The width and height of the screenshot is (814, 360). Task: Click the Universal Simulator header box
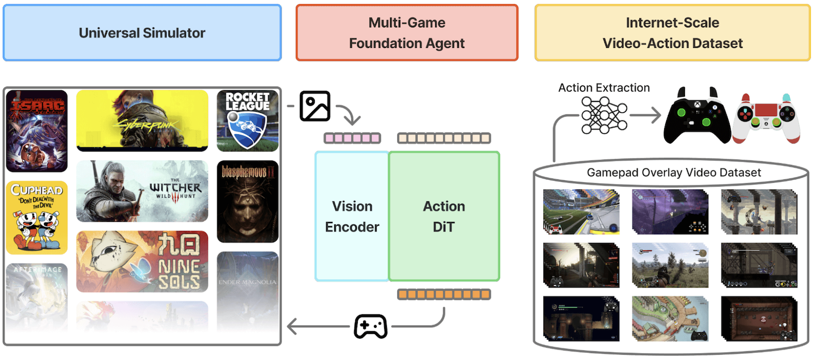pos(142,33)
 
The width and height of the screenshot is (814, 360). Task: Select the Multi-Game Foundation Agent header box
pos(407,33)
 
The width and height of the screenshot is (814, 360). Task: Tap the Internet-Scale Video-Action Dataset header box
pos(672,33)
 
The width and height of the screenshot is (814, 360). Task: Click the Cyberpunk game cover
pos(142,120)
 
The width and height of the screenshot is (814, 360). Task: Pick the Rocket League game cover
pos(248,121)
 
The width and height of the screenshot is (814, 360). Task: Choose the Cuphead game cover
pos(37,218)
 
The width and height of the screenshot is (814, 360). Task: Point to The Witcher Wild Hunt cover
pos(142,191)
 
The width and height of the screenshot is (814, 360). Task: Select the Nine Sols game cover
pos(142,261)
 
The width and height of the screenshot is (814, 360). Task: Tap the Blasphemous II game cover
pos(248,201)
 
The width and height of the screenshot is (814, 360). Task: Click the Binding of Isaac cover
pos(37,131)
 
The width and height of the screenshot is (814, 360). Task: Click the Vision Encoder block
pos(352,216)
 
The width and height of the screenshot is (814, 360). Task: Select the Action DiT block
pos(444,216)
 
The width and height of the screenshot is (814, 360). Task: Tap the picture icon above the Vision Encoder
pos(315,106)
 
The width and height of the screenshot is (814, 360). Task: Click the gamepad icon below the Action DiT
pos(370,326)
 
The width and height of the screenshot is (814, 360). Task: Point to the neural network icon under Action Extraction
pos(604,115)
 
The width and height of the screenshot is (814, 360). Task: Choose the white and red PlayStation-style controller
pos(766,118)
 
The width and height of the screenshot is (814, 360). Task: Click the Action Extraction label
pos(604,88)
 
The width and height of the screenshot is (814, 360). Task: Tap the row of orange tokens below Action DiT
pos(444,294)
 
